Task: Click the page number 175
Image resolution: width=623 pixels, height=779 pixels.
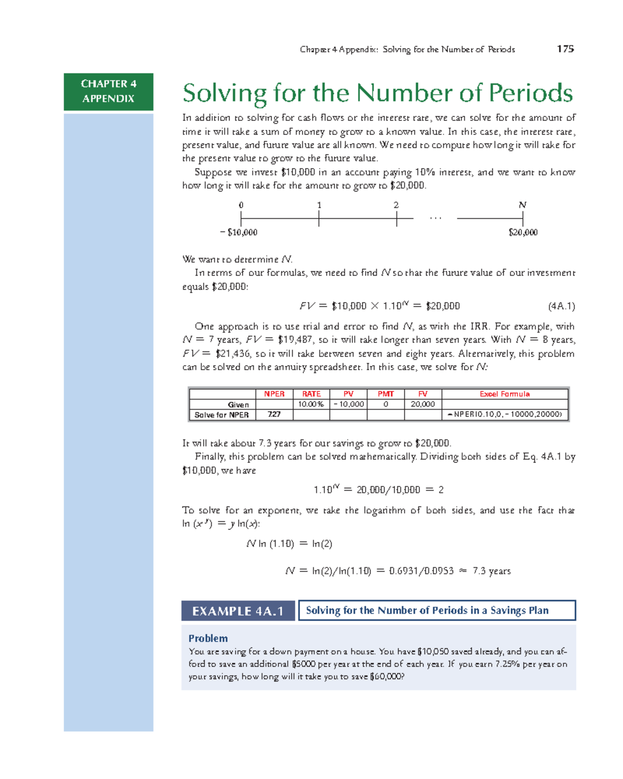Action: point(565,49)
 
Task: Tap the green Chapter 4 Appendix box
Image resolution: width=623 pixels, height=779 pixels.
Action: point(109,91)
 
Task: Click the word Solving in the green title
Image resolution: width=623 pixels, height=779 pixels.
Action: point(224,94)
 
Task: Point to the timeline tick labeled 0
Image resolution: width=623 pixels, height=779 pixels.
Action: point(241,219)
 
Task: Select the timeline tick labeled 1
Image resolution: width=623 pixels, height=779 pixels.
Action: point(319,219)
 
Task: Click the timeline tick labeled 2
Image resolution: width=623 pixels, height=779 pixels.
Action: point(396,219)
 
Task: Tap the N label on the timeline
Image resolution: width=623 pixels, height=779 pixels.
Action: point(523,205)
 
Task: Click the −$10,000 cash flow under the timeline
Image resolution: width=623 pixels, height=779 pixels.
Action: point(239,233)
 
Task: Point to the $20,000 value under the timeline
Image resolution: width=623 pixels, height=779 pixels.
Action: point(523,233)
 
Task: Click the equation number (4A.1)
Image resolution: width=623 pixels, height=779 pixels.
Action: point(561,306)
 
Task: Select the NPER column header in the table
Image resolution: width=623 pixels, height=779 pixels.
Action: point(274,394)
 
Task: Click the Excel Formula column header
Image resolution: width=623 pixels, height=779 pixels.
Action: point(505,394)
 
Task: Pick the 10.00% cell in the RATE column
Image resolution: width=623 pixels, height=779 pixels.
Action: point(311,405)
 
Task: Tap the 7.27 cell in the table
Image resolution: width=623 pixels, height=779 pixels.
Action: point(274,414)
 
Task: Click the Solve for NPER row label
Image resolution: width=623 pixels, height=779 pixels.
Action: point(222,415)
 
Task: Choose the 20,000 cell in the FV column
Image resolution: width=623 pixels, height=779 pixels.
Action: point(423,405)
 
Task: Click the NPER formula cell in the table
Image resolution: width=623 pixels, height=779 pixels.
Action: point(505,414)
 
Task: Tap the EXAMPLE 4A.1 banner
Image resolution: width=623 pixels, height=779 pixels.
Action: point(238,611)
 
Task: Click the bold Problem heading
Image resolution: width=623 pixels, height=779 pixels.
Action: point(208,639)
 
